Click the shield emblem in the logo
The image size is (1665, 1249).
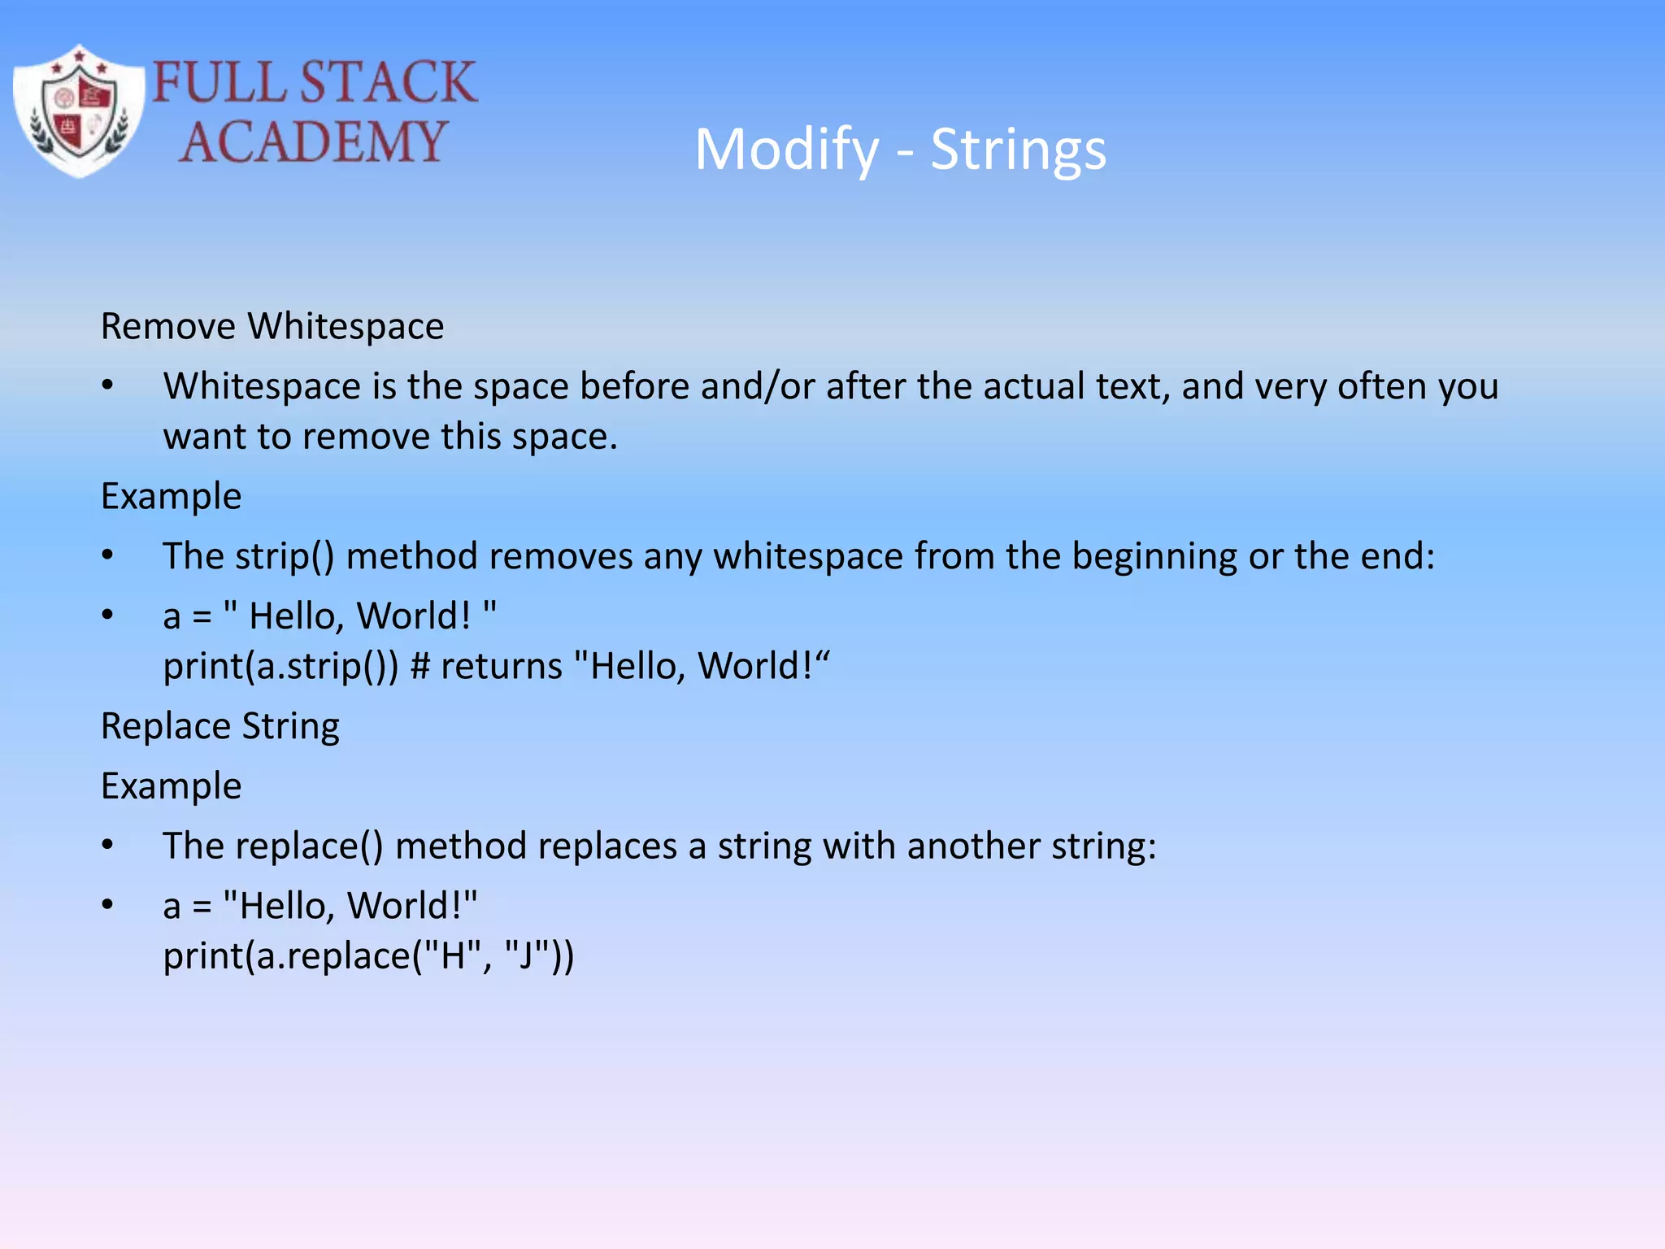click(x=79, y=112)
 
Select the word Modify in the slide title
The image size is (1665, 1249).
click(x=786, y=150)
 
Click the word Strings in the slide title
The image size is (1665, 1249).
click(x=1018, y=150)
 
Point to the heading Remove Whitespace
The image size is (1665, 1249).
click(x=272, y=327)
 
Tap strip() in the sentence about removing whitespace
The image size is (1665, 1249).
click(x=285, y=557)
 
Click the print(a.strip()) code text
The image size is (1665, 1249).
click(x=280, y=667)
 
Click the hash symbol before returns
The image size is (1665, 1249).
click(x=420, y=667)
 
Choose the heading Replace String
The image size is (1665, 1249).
click(x=220, y=726)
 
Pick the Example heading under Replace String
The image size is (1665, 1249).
click(x=171, y=786)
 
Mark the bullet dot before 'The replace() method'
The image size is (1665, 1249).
click(x=107, y=846)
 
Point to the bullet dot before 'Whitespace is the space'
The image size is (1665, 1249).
click(x=107, y=385)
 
